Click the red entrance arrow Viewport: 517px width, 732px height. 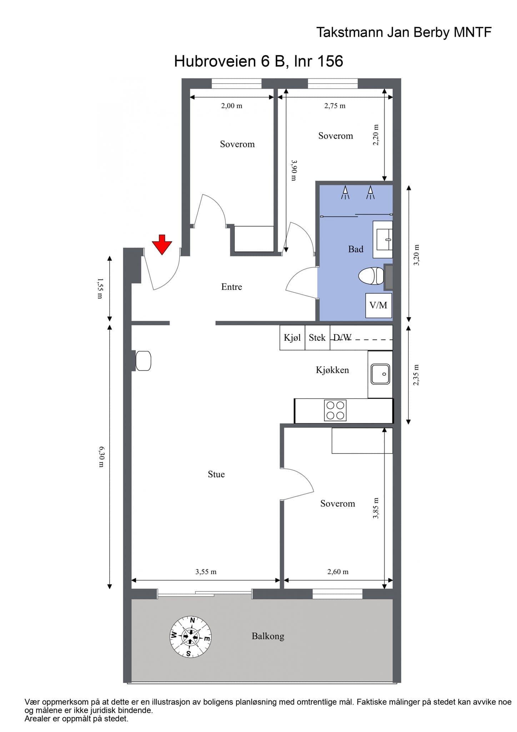coord(162,244)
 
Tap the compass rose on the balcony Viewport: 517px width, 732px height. coord(190,637)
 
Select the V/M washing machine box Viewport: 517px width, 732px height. coord(378,305)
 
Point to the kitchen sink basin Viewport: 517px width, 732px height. coord(380,374)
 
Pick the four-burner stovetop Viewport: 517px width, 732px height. coord(335,410)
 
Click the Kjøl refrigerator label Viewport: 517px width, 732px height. coord(292,337)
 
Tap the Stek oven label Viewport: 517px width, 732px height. coord(317,337)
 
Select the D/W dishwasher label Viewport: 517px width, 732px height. coord(342,337)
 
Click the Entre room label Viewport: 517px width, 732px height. coord(232,287)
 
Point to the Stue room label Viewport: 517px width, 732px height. coord(216,474)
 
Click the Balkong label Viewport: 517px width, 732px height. coord(268,636)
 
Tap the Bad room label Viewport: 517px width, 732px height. coord(356,249)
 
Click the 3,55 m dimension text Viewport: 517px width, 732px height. coord(206,572)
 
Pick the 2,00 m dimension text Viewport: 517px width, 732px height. coord(232,106)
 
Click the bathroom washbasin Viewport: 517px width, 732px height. coord(383,239)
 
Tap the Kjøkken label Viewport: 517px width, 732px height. coord(332,370)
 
